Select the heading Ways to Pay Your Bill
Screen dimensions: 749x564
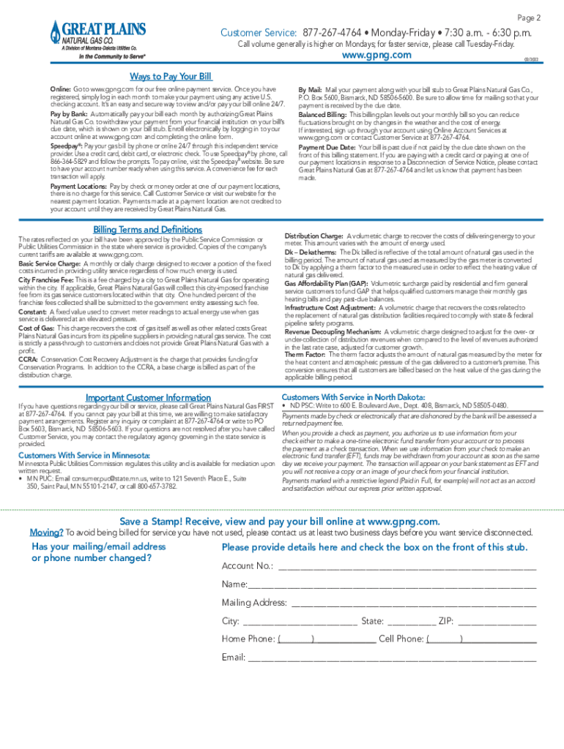(x=170, y=77)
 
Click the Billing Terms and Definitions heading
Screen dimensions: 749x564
(x=148, y=229)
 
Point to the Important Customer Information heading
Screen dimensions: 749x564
(x=148, y=398)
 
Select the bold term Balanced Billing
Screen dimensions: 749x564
(x=322, y=115)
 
